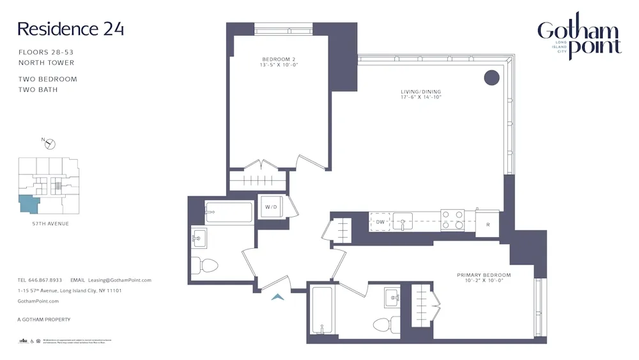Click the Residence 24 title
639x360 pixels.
(70, 29)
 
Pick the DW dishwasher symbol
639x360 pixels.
(380, 222)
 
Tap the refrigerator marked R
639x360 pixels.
(487, 224)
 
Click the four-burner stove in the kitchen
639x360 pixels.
(452, 220)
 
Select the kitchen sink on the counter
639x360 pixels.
(403, 221)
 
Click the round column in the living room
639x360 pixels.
(491, 77)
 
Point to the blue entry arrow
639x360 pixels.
(278, 296)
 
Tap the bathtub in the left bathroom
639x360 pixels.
(229, 212)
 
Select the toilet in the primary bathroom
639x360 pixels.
(387, 325)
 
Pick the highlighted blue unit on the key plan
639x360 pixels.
(29, 204)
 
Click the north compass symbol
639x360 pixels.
(49, 144)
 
